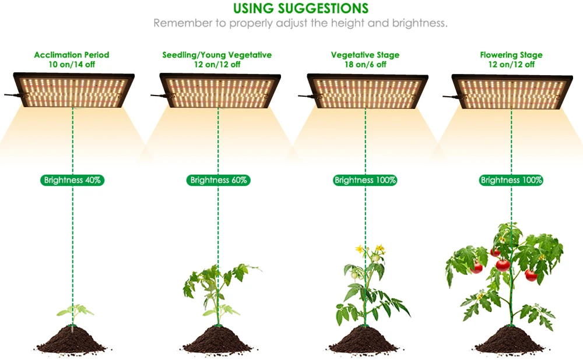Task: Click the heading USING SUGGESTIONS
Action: pos(300,9)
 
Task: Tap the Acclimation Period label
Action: pos(72,55)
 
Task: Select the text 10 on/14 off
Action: pos(72,64)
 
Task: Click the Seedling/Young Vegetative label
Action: pos(217,55)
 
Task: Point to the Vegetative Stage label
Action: pos(365,55)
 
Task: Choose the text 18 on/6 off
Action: pos(365,64)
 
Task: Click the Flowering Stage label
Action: pos(511,55)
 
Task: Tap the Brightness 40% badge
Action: pos(73,180)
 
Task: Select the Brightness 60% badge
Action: pos(219,180)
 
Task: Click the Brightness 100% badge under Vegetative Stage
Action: pos(366,180)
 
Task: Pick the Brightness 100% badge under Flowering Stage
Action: pos(511,180)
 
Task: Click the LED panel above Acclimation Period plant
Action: pos(73,90)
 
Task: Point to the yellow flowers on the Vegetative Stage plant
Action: pos(371,251)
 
